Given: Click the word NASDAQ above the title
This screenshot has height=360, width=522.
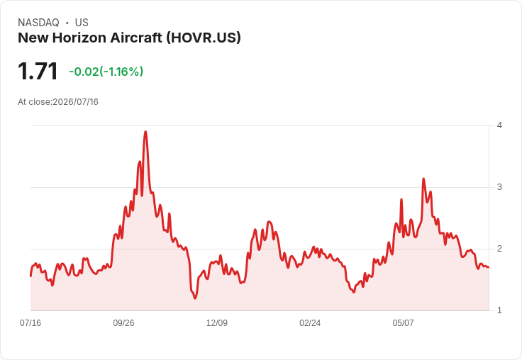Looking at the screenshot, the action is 38,23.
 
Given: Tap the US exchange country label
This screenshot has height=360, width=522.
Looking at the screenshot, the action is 82,23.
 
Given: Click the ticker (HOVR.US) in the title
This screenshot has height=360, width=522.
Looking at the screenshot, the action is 204,38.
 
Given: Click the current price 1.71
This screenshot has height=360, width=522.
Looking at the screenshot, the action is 38,71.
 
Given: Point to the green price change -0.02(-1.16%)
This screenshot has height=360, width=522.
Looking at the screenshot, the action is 106,72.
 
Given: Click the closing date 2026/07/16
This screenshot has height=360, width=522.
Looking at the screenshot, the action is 76,102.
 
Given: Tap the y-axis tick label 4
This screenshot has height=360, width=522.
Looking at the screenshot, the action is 499,125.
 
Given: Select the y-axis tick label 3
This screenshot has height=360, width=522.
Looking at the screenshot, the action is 499,187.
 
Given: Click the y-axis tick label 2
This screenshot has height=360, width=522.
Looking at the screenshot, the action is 499,249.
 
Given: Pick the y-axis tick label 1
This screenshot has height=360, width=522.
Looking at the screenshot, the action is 499,310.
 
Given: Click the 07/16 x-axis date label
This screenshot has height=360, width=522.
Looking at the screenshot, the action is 30,322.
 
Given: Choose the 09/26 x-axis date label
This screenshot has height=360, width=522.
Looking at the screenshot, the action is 123,322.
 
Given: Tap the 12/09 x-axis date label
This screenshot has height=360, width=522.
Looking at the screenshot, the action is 217,322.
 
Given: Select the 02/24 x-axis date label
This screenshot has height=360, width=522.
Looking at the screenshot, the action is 310,322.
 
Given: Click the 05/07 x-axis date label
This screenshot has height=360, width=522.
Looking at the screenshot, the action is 403,322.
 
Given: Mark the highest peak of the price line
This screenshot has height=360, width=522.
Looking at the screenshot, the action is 145,131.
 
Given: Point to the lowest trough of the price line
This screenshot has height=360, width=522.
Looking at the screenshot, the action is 195,298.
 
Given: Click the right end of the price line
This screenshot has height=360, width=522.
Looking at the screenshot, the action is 489,267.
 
